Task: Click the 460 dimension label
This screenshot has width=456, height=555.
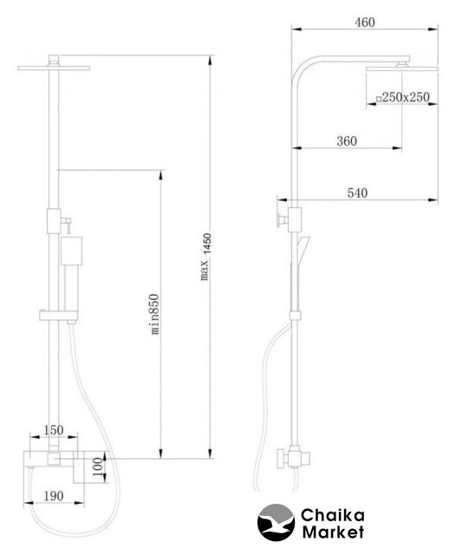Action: pos(364,23)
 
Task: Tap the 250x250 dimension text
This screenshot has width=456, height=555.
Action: pos(406,97)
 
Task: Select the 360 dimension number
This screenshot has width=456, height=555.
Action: pos(347,140)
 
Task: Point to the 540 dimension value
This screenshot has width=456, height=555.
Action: pos(357,193)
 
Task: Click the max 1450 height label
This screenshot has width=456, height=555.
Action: pos(205,257)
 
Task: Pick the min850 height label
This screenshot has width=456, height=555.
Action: pos(154,314)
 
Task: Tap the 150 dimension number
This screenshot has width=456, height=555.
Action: pos(54,430)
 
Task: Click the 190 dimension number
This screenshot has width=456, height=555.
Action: pos(54,496)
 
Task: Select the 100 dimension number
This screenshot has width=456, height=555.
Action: pos(99,467)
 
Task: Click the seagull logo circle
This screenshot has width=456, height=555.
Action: pos(276,522)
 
